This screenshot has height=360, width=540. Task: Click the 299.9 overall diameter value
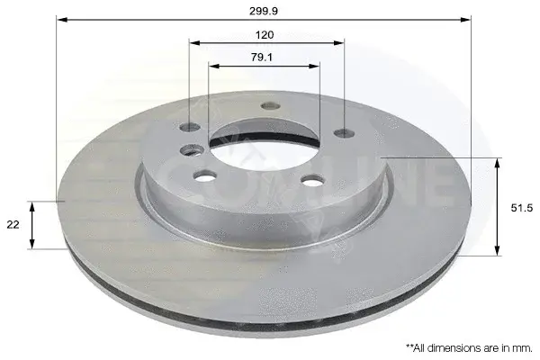point(264,12)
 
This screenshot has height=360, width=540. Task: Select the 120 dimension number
point(265,35)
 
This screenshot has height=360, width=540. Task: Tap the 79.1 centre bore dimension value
point(262,58)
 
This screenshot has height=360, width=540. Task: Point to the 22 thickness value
point(13,225)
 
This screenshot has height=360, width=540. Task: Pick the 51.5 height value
point(522,208)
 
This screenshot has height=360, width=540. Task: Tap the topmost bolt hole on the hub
point(270,106)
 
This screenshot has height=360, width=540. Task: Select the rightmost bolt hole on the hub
point(345,132)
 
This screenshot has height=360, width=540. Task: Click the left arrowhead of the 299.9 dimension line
point(61,20)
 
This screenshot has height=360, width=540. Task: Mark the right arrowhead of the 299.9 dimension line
point(465,20)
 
